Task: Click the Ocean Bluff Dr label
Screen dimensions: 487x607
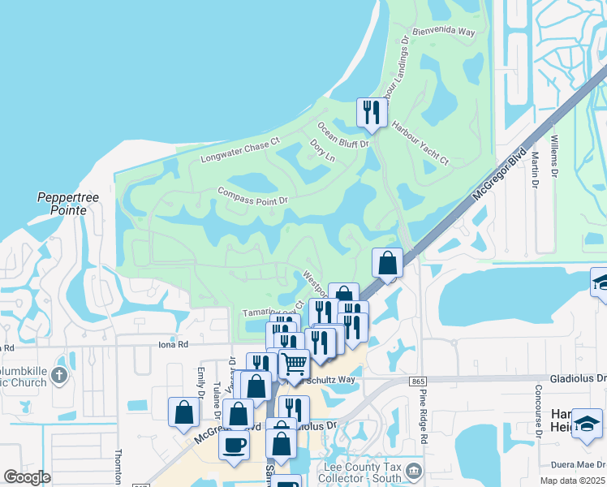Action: click(343, 136)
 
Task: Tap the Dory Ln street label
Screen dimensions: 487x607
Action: click(322, 150)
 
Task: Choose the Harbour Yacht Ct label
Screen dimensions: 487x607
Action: click(420, 143)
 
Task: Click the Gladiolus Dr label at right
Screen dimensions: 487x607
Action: click(578, 378)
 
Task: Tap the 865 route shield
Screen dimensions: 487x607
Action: click(419, 381)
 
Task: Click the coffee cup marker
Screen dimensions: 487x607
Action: click(235, 445)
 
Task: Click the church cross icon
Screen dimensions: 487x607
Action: click(58, 376)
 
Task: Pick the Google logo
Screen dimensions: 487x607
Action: click(27, 477)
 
